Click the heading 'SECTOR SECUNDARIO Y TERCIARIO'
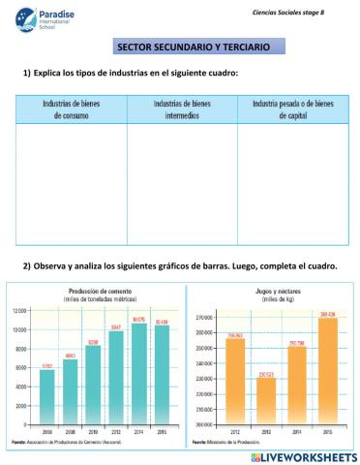point(194,46)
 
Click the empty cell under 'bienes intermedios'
point(182,184)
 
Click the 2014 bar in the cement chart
point(137,373)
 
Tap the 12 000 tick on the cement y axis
point(21,311)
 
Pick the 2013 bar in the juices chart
point(265,400)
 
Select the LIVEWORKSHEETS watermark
point(304,455)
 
